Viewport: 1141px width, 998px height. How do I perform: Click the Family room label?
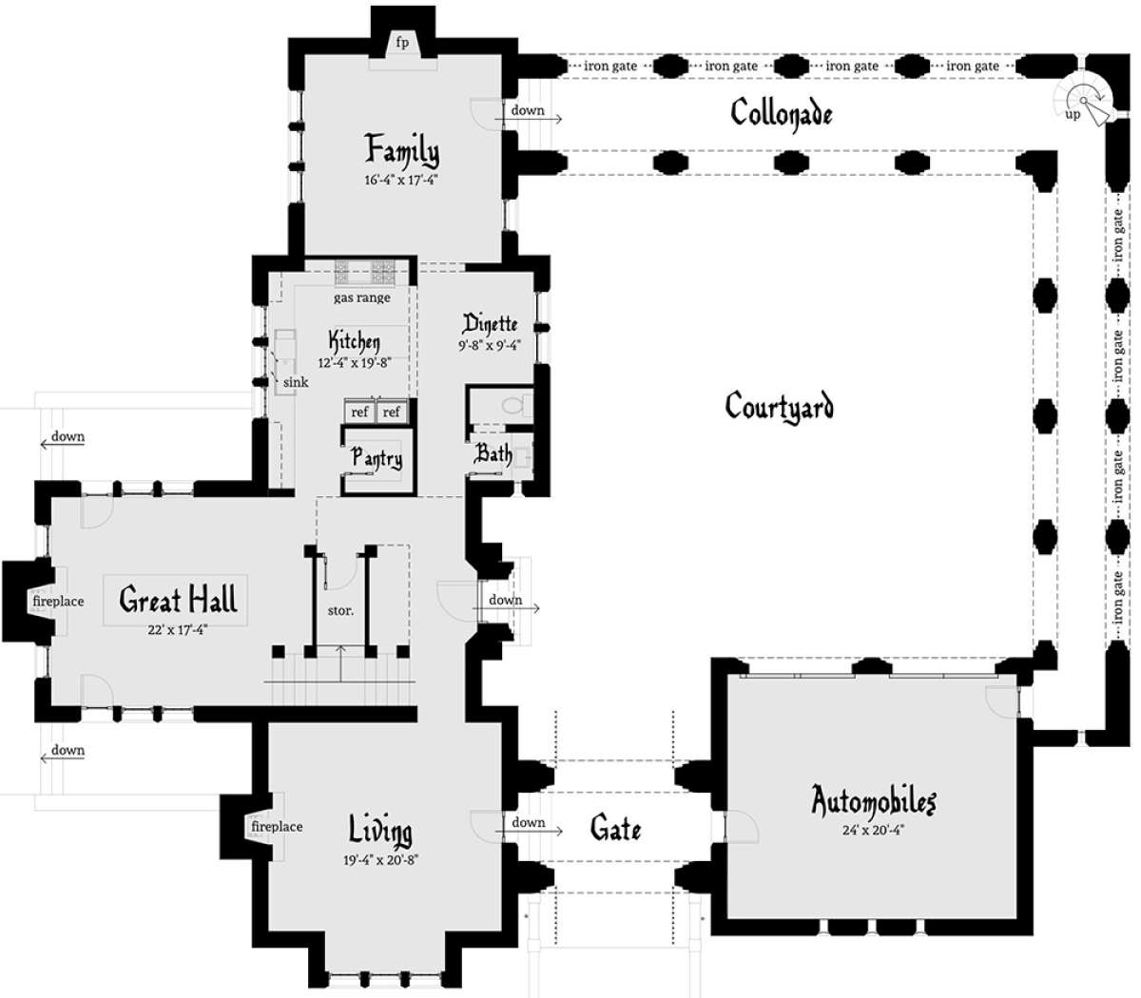click(402, 150)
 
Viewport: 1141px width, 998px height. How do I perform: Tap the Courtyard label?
click(779, 406)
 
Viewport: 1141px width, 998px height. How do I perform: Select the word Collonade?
click(782, 114)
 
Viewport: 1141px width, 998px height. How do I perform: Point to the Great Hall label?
click(179, 600)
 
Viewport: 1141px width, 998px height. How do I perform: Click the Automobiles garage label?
click(873, 801)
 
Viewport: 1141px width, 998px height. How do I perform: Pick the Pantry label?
click(377, 458)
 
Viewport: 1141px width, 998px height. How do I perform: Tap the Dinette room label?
click(490, 324)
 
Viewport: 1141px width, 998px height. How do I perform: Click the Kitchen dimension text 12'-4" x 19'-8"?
click(355, 363)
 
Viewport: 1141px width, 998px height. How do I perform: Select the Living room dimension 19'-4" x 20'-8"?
click(381, 860)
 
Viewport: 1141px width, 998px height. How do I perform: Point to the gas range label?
click(362, 297)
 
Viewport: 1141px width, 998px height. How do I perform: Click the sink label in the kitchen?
click(296, 382)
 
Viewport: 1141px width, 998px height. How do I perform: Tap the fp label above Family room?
click(402, 43)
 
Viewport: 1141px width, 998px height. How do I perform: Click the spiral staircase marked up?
click(1083, 101)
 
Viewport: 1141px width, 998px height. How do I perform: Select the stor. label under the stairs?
click(340, 610)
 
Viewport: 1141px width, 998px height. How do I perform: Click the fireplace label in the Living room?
click(277, 826)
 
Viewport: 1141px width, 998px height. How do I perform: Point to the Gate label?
click(616, 828)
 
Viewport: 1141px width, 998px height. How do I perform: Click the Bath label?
click(493, 453)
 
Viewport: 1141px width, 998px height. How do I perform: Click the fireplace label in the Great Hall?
click(59, 601)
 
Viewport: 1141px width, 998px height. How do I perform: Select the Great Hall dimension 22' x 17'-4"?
click(178, 630)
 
